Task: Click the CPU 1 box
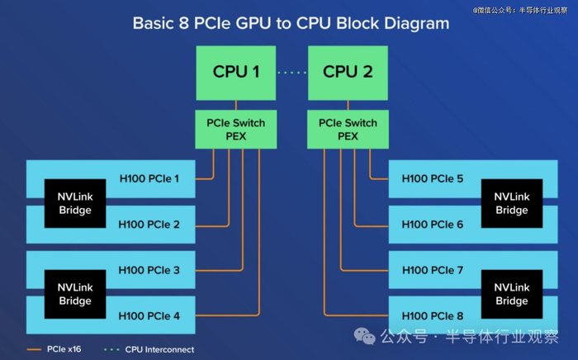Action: [236, 72]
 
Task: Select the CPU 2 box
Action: [348, 72]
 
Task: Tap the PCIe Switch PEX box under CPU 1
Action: [236, 130]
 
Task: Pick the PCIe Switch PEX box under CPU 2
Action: [348, 130]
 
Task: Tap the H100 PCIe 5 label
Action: [432, 178]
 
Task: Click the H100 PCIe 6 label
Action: [432, 224]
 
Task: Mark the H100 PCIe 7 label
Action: [432, 270]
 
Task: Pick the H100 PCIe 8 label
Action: [432, 315]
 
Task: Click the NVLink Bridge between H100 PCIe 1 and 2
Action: [75, 203]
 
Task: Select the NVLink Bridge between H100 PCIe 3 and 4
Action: [75, 294]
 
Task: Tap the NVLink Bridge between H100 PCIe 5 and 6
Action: [511, 203]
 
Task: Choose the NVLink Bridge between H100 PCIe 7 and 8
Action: [511, 294]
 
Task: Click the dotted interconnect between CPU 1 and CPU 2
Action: [291, 73]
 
